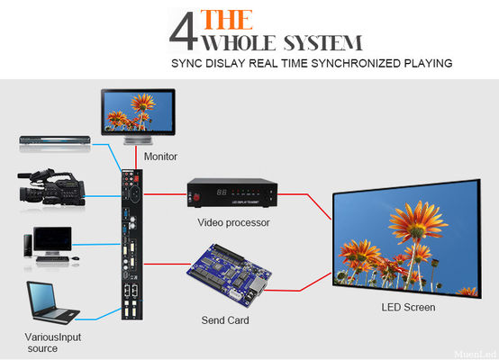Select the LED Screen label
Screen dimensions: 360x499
(408, 307)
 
